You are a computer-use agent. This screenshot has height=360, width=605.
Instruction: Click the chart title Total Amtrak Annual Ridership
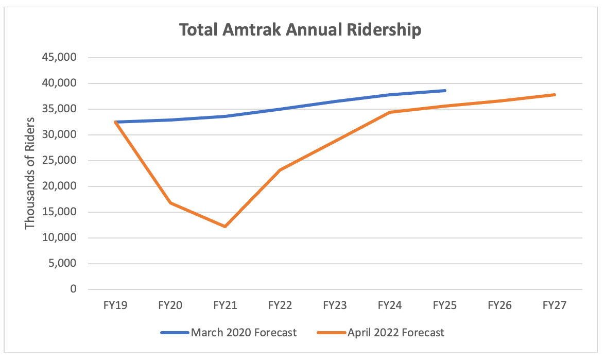[x=300, y=30]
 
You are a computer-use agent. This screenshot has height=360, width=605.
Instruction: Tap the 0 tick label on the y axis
[x=73, y=289]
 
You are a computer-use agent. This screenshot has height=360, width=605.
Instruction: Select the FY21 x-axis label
[x=225, y=305]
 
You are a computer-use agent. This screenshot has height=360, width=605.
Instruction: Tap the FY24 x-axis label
[x=390, y=305]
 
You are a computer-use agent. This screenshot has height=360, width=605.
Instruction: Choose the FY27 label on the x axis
[x=555, y=305]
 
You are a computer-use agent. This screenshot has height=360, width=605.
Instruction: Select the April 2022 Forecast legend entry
[x=379, y=333]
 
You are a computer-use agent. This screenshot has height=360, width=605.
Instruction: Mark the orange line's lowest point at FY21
[x=225, y=227]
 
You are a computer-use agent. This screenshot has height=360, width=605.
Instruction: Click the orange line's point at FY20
[x=170, y=203]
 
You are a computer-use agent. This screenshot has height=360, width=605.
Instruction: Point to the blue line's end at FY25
[x=445, y=91]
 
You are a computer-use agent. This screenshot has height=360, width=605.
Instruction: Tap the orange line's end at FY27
[x=555, y=95]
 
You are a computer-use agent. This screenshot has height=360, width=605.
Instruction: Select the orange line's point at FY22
[x=280, y=170]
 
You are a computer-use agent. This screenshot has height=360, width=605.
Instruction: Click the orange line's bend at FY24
[x=390, y=112]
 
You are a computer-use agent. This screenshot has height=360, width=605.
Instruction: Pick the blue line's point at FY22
[x=280, y=109]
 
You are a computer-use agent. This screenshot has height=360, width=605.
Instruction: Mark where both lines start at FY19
[x=115, y=122]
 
